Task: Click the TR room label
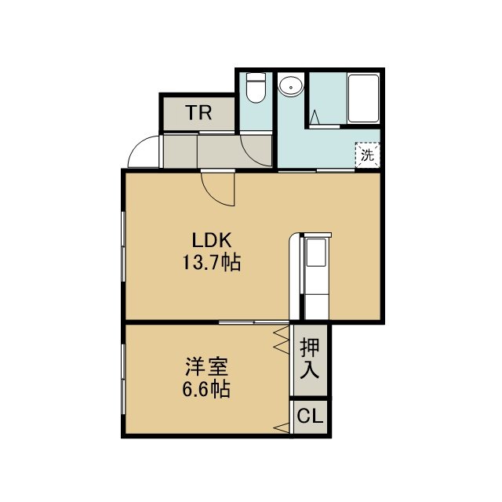198,112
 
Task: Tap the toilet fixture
256,87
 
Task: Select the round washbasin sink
291,85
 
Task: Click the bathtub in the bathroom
363,98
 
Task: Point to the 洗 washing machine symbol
367,155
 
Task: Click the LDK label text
211,241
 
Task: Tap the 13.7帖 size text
211,263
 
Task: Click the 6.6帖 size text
206,389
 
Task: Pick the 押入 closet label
310,359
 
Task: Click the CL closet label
310,417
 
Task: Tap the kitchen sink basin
316,253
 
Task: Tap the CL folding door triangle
282,427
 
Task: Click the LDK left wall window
123,246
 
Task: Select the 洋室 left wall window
123,380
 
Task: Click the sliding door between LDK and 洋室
254,322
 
